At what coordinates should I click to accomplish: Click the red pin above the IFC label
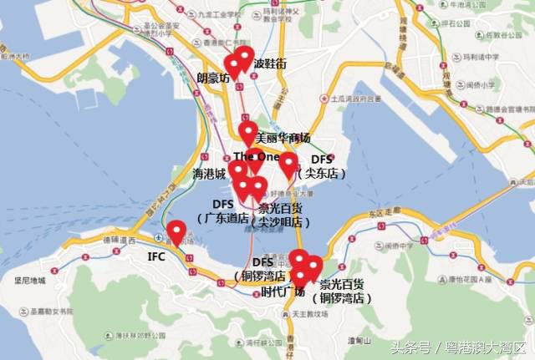coord(176,231)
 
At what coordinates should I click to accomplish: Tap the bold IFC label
coord(158,256)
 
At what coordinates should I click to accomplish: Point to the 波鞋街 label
coord(270,63)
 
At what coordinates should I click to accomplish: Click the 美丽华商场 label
coord(283,138)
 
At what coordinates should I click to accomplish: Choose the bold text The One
coord(256,156)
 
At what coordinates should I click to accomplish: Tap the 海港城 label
coord(209,175)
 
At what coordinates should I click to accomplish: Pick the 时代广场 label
coord(283,292)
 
